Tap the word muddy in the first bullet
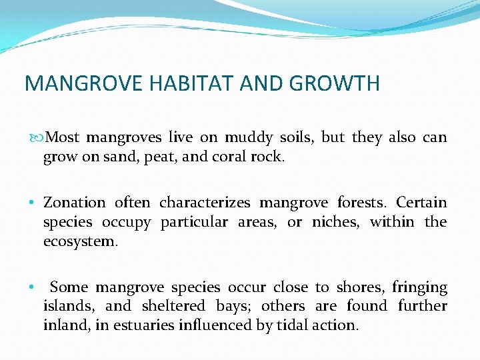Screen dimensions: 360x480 coord(248,138)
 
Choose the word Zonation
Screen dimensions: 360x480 coord(74,203)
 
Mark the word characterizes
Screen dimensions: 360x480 coord(205,203)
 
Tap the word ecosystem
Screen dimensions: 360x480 coord(80,241)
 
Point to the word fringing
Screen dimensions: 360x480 coord(419,288)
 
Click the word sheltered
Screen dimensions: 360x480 coord(173,307)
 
